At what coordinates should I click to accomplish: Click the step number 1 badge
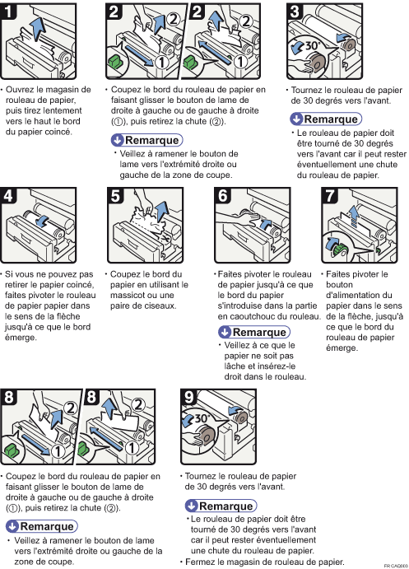pos(7,11)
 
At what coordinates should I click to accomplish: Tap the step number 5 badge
pos(115,195)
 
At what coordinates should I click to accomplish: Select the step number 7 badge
pos(329,195)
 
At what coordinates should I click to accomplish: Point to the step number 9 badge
pos(189,397)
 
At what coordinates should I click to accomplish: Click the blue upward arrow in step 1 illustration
pos(36,29)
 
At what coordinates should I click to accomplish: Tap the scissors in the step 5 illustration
pos(165,240)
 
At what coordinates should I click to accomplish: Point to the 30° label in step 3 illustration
pos(311,45)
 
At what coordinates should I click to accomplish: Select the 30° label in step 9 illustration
pos(201,418)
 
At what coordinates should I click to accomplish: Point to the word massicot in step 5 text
pos(126,296)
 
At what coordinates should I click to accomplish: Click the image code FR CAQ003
pos(396,566)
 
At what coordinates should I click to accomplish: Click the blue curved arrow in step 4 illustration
pos(44,221)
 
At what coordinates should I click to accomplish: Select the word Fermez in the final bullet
pos(198,562)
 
